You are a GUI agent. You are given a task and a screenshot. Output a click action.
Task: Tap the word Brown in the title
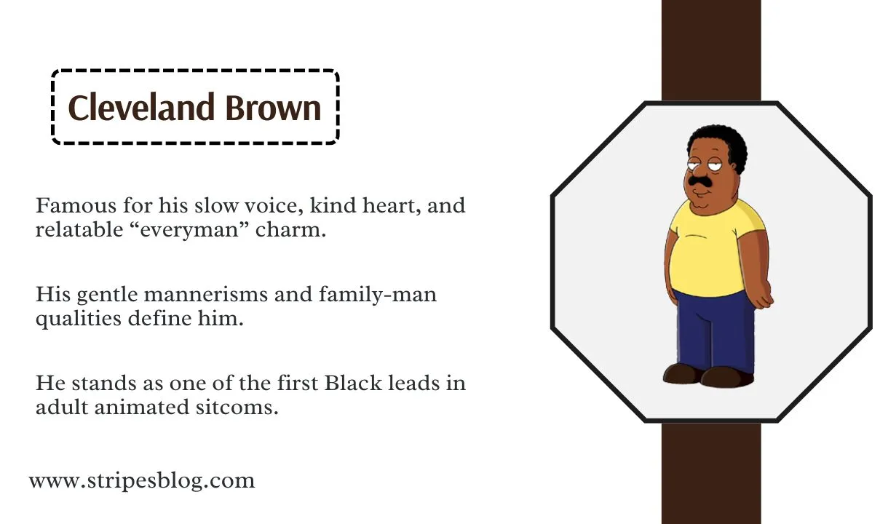pyautogui.click(x=273, y=108)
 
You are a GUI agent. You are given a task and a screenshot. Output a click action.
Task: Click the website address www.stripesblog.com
pyautogui.click(x=142, y=480)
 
